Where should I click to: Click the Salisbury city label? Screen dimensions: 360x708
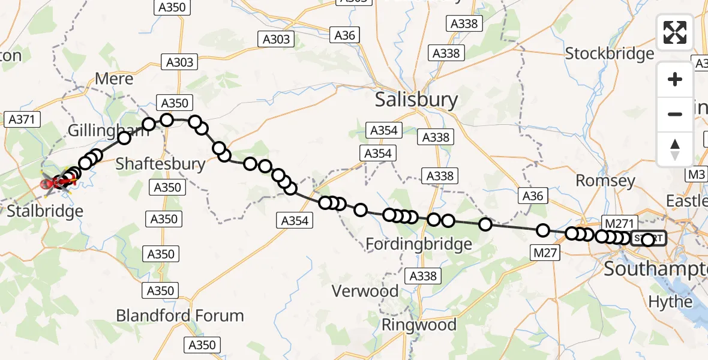click(x=416, y=100)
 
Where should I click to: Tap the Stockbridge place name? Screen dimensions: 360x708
click(x=610, y=53)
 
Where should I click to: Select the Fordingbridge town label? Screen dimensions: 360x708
click(x=419, y=244)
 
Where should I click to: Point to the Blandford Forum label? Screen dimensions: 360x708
click(x=180, y=316)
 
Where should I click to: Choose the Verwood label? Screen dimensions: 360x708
click(x=365, y=292)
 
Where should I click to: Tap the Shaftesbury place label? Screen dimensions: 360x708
click(x=160, y=163)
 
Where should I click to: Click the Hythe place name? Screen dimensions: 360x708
click(x=671, y=301)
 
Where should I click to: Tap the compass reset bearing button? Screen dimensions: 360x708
click(x=675, y=149)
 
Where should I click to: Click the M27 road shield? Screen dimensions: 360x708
click(x=545, y=253)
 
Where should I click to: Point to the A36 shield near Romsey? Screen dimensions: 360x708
click(x=531, y=196)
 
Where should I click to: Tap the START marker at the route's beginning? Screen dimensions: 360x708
click(x=648, y=239)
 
